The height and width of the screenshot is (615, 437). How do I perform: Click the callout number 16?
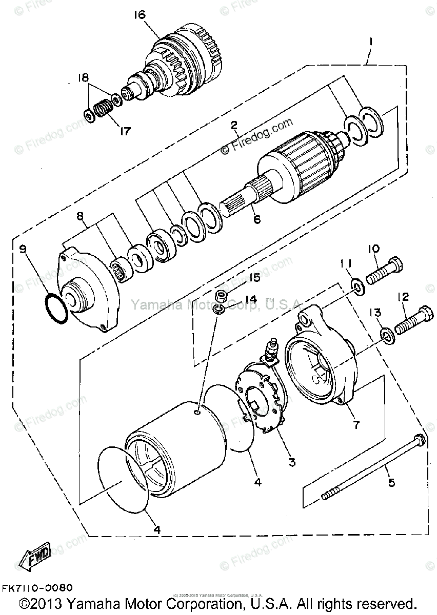click(140, 14)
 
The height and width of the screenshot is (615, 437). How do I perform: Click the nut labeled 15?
click(222, 295)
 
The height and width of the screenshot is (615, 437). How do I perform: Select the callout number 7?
click(356, 424)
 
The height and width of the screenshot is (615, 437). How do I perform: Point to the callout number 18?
click(83, 77)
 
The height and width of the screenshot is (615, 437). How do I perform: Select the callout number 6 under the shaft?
click(256, 219)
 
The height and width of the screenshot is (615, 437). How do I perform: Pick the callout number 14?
click(250, 299)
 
